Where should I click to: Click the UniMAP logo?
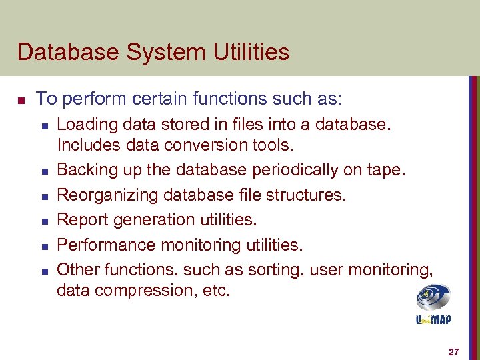[433, 304]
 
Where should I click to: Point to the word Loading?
[85, 123]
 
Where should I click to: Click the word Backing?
[85, 170]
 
